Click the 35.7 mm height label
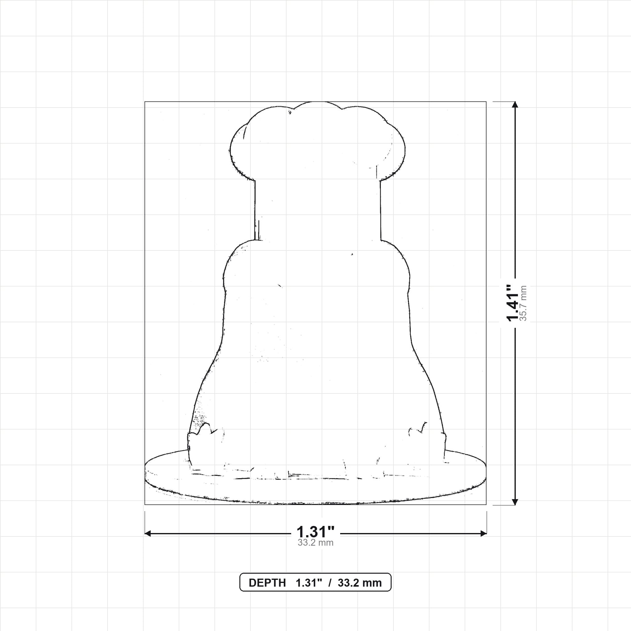click(523, 303)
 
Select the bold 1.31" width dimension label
click(315, 532)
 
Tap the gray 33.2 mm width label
click(315, 543)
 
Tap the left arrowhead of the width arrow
click(148, 533)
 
